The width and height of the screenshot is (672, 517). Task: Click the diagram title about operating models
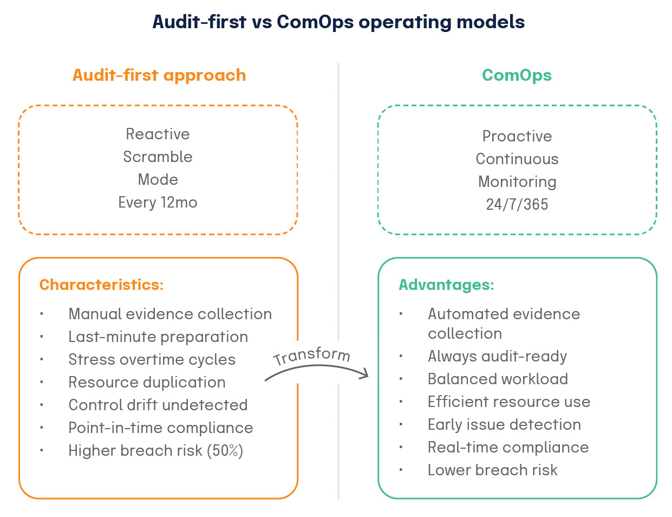pyautogui.click(x=338, y=22)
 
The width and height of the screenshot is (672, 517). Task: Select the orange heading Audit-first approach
pyautogui.click(x=159, y=75)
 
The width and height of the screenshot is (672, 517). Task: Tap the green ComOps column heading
pyautogui.click(x=517, y=75)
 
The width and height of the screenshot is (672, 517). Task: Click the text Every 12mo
pyautogui.click(x=158, y=203)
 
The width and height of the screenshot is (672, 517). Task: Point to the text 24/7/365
pyautogui.click(x=517, y=204)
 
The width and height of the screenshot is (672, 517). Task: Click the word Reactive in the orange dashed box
pyautogui.click(x=158, y=134)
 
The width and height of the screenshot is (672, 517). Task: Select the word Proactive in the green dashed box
pyautogui.click(x=517, y=136)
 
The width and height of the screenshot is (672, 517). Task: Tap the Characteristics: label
pyautogui.click(x=101, y=285)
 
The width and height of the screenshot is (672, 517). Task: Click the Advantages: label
pyautogui.click(x=446, y=285)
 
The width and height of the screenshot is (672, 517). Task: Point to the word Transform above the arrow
pyautogui.click(x=312, y=356)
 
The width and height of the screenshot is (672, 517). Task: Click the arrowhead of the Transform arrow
pyautogui.click(x=366, y=374)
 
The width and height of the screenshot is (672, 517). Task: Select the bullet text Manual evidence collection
pyautogui.click(x=170, y=314)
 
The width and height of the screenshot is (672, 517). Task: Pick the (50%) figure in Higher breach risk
pyautogui.click(x=225, y=450)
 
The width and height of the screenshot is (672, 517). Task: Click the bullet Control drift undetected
pyautogui.click(x=158, y=405)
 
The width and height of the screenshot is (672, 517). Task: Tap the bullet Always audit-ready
pyautogui.click(x=497, y=356)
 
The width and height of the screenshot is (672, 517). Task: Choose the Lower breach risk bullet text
pyautogui.click(x=492, y=470)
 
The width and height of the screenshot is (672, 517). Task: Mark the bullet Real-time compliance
pyautogui.click(x=508, y=447)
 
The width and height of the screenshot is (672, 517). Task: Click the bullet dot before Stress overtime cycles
pyautogui.click(x=42, y=360)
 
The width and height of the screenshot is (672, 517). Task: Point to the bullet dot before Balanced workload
pyautogui.click(x=401, y=379)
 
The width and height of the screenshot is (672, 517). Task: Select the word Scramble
pyautogui.click(x=158, y=157)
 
